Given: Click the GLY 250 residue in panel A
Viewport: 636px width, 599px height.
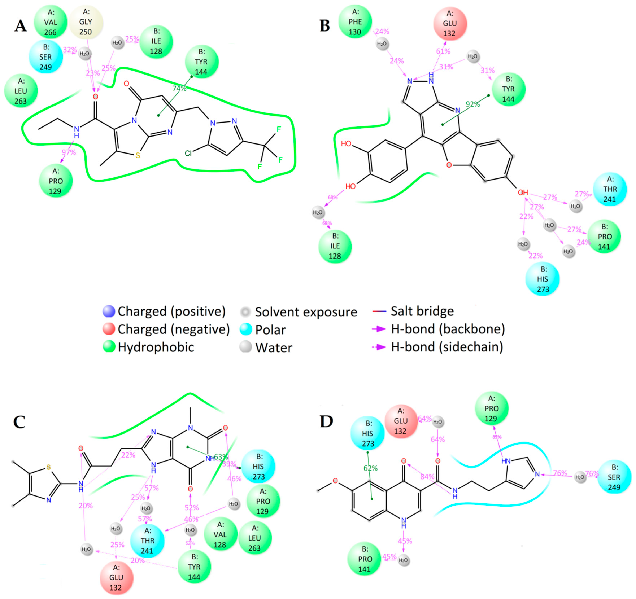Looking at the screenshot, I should [86, 22].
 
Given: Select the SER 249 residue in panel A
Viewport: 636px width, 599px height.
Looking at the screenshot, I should [46, 57].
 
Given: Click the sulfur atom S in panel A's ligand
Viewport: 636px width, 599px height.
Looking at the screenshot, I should [138, 156].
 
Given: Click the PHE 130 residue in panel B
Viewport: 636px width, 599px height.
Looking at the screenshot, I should [355, 22].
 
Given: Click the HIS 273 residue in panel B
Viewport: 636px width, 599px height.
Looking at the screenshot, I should [543, 279].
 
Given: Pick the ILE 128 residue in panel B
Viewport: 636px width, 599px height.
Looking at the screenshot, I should [335, 246].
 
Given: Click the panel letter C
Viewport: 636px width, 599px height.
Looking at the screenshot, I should [19, 422].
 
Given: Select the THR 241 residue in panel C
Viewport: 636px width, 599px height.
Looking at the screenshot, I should [147, 541].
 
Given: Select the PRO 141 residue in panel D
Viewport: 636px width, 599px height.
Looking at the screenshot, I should [364, 559].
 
